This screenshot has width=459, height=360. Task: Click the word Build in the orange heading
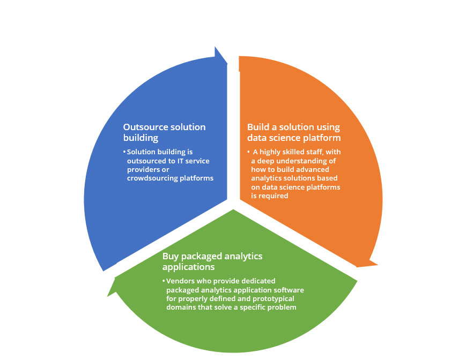[257, 127]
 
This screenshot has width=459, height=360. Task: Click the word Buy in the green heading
[171, 257]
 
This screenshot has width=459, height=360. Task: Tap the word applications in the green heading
[189, 267]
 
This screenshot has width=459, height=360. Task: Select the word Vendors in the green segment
[180, 281]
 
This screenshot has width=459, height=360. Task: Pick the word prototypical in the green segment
[273, 299]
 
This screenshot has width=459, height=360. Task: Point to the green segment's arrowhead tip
[107, 297]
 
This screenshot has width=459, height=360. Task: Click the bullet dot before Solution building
[124, 152]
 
